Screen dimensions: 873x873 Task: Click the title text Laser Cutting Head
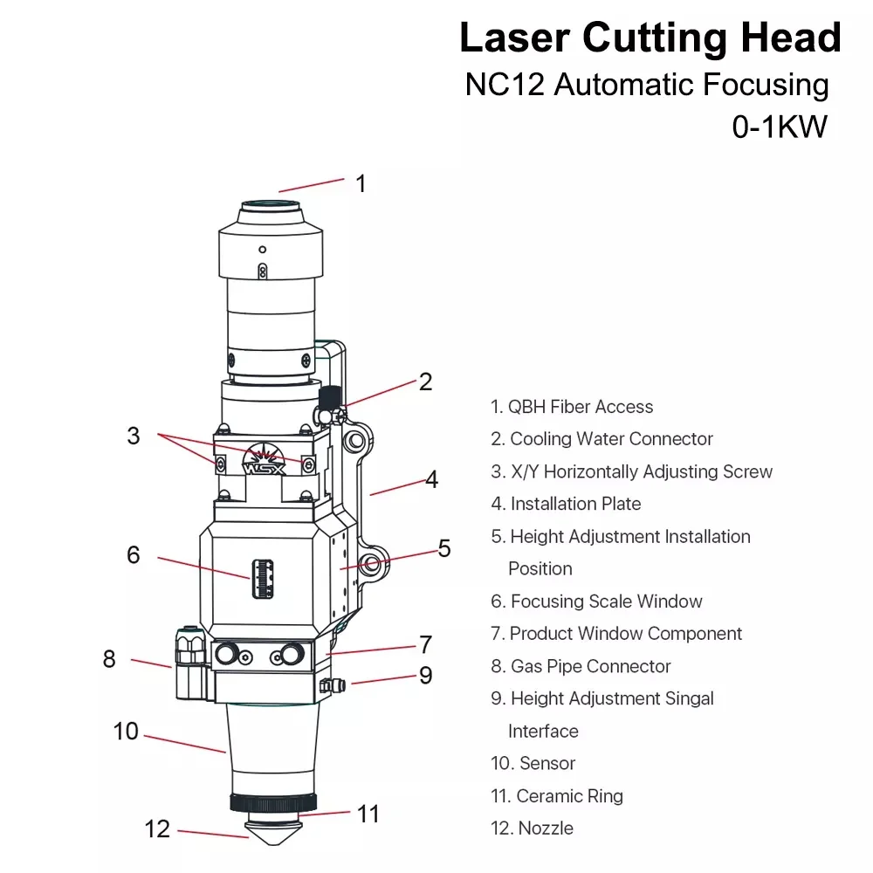[650, 38]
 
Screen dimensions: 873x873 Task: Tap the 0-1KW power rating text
[780, 127]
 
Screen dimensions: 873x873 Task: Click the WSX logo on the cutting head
[264, 460]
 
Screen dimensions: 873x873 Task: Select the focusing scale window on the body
[263, 579]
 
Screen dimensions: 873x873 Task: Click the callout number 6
[133, 554]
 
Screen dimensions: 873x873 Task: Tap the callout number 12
[157, 828]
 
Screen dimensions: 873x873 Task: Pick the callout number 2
[425, 382]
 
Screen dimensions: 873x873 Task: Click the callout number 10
[126, 731]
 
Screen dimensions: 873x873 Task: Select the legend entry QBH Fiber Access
[572, 407]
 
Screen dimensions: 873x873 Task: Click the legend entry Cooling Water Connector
[601, 439]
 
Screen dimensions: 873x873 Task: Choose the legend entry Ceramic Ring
[557, 795]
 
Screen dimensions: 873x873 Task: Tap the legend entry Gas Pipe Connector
[581, 666]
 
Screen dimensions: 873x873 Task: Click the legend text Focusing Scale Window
[597, 601]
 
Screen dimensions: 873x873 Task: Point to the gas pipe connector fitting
[191, 663]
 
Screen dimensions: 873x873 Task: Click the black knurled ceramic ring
[273, 802]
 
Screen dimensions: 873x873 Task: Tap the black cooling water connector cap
[330, 397]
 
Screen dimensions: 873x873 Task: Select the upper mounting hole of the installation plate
[356, 442]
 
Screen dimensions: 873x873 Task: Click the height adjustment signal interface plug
[333, 685]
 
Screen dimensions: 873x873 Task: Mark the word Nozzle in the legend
[546, 828]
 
